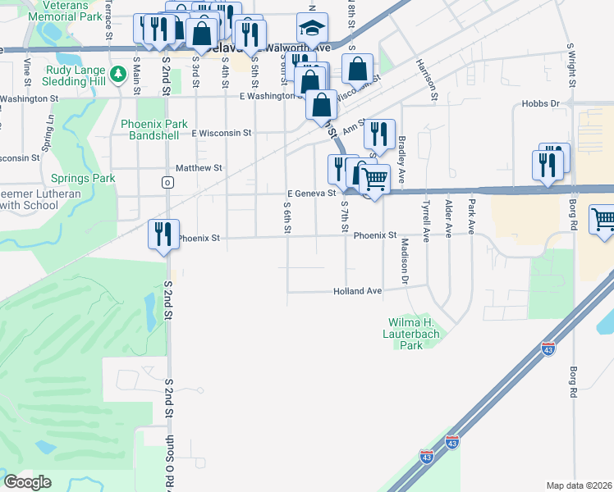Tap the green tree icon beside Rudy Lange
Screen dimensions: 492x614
tap(118, 75)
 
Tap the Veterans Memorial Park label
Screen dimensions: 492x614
tap(69, 10)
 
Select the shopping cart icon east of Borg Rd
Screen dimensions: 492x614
tap(603, 219)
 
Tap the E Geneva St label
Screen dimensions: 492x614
tap(311, 194)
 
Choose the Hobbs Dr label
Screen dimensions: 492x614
tap(540, 104)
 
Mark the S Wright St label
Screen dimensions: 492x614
tap(570, 65)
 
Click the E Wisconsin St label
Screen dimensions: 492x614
tap(221, 132)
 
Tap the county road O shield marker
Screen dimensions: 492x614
tap(167, 182)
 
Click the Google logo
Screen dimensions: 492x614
tap(28, 482)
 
